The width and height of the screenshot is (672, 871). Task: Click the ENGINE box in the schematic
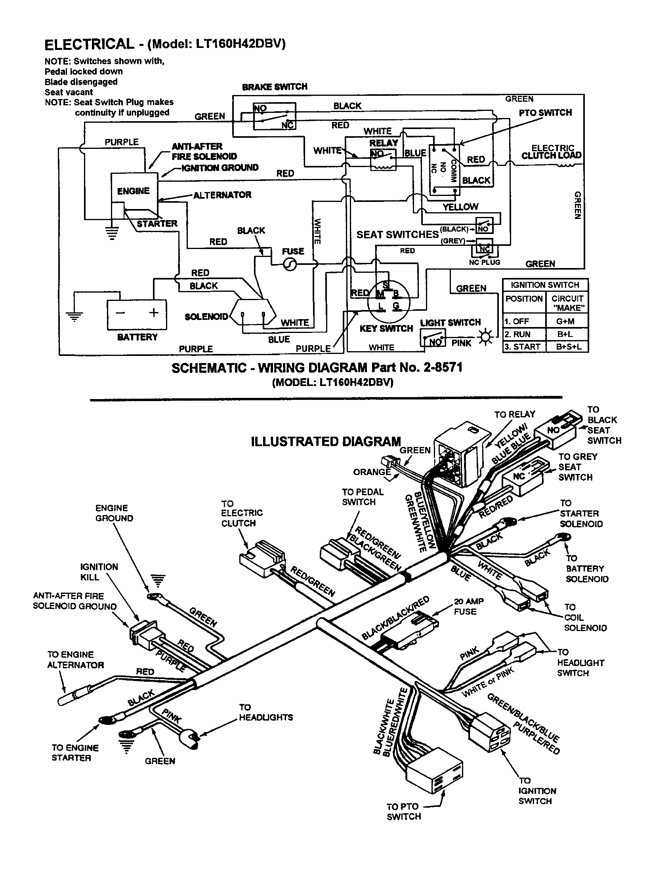point(134,192)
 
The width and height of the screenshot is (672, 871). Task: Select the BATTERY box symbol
point(137,315)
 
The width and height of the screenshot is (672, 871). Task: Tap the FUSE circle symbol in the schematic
point(290,264)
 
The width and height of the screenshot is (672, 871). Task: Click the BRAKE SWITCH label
point(275,87)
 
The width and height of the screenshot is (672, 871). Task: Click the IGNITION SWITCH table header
point(545,285)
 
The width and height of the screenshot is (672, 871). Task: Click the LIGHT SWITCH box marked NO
point(433,339)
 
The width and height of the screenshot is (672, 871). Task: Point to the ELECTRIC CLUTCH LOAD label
point(552,152)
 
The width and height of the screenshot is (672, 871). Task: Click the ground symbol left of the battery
point(74,316)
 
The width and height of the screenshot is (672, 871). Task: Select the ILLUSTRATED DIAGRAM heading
point(326,441)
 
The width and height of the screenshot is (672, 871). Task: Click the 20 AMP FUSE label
point(468,606)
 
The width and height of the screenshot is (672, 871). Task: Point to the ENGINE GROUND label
point(114,513)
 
